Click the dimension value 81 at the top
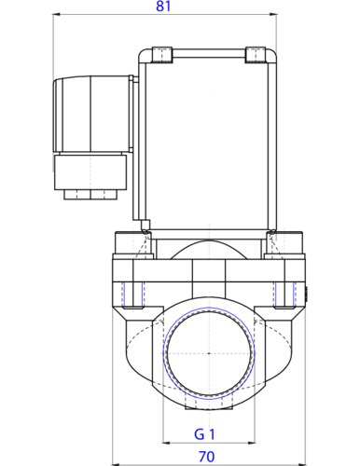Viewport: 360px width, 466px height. click(x=163, y=7)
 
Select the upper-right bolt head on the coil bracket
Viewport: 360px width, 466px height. click(x=256, y=54)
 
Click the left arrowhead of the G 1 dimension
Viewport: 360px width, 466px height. click(x=166, y=442)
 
